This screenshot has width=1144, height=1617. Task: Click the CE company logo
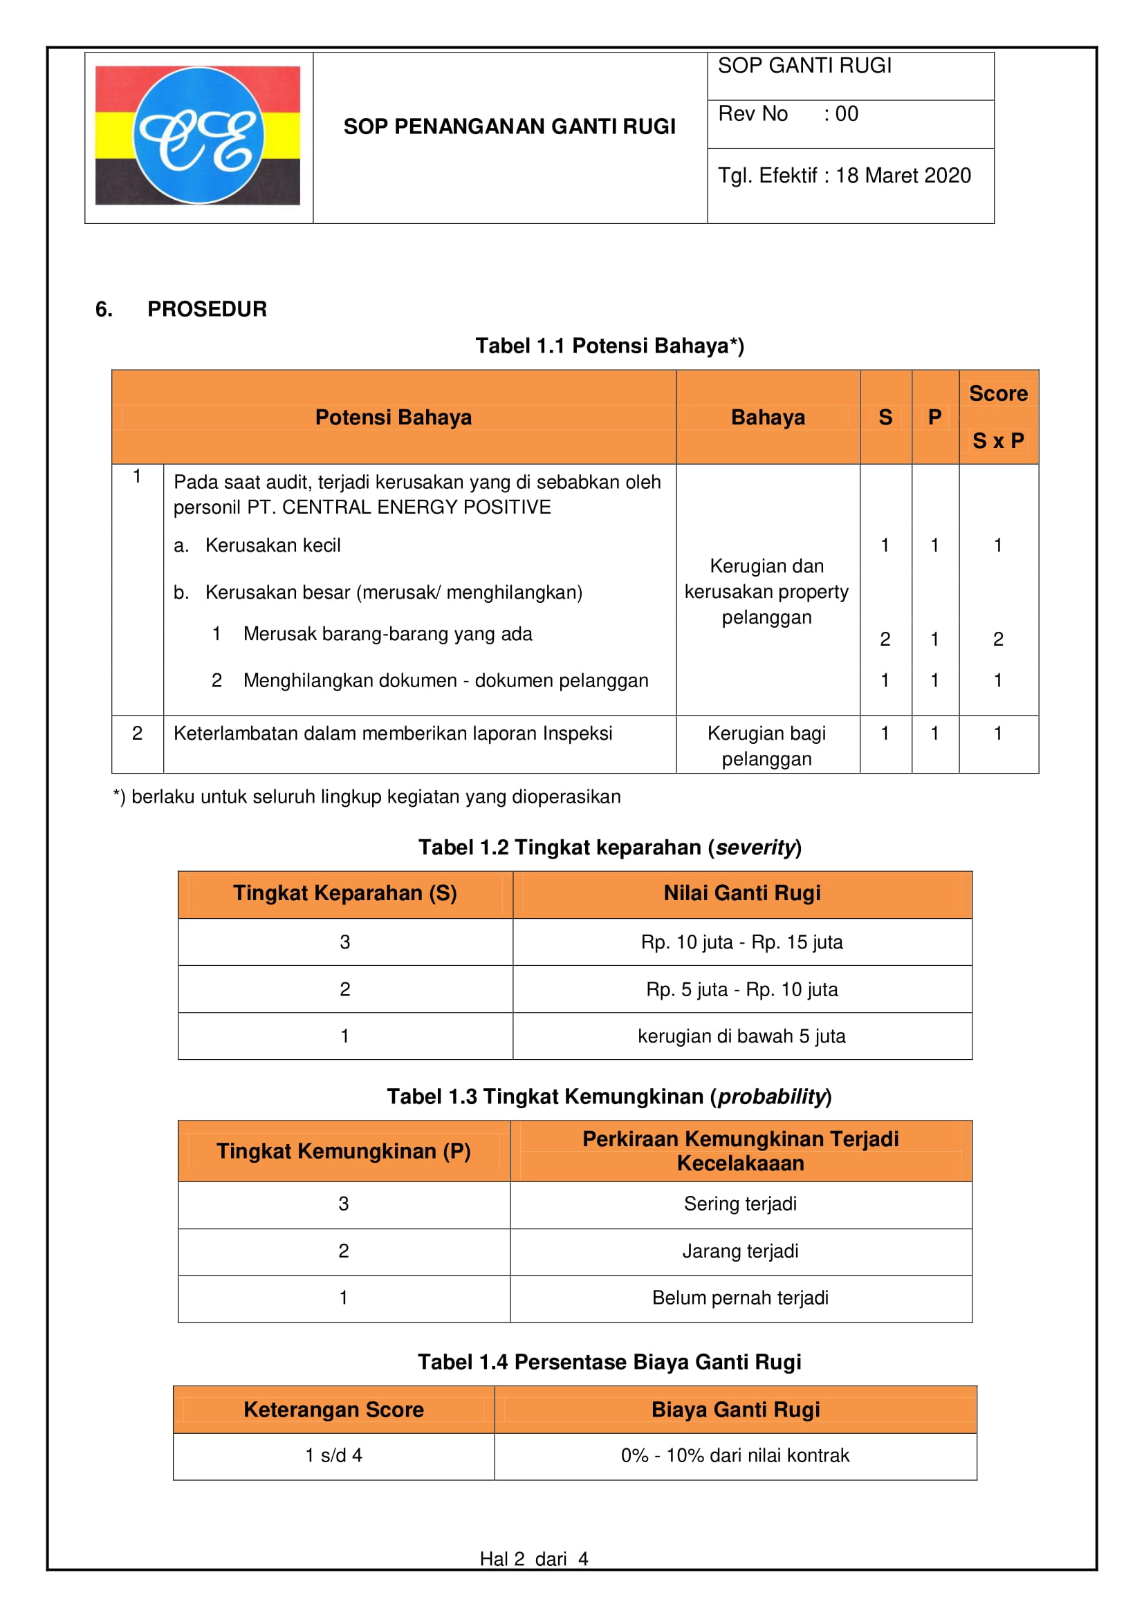point(198,135)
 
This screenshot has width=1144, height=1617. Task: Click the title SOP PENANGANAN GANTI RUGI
point(509,127)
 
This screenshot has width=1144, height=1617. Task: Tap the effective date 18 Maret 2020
point(903,176)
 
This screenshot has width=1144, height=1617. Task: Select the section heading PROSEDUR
point(206,309)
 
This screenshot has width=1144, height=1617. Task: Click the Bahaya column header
point(767,417)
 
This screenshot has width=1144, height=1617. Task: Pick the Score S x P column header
point(997,417)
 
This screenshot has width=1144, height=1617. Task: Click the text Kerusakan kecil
point(273,545)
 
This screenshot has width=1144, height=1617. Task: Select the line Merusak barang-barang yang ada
point(387,634)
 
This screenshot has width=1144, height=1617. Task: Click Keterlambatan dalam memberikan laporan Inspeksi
point(392,733)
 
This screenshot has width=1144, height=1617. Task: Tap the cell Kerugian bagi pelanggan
point(766,746)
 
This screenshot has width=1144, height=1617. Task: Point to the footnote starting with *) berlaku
point(367,796)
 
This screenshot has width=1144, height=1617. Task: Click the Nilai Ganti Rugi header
point(741,893)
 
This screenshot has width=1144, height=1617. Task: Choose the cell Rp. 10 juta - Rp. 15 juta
point(741,942)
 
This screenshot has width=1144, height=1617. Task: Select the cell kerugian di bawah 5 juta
point(741,1036)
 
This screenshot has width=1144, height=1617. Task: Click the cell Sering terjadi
point(740,1204)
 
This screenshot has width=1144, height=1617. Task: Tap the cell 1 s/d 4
point(333,1455)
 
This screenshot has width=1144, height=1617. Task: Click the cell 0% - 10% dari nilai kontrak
point(735,1455)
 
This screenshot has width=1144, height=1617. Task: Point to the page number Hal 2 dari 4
point(533,1558)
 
